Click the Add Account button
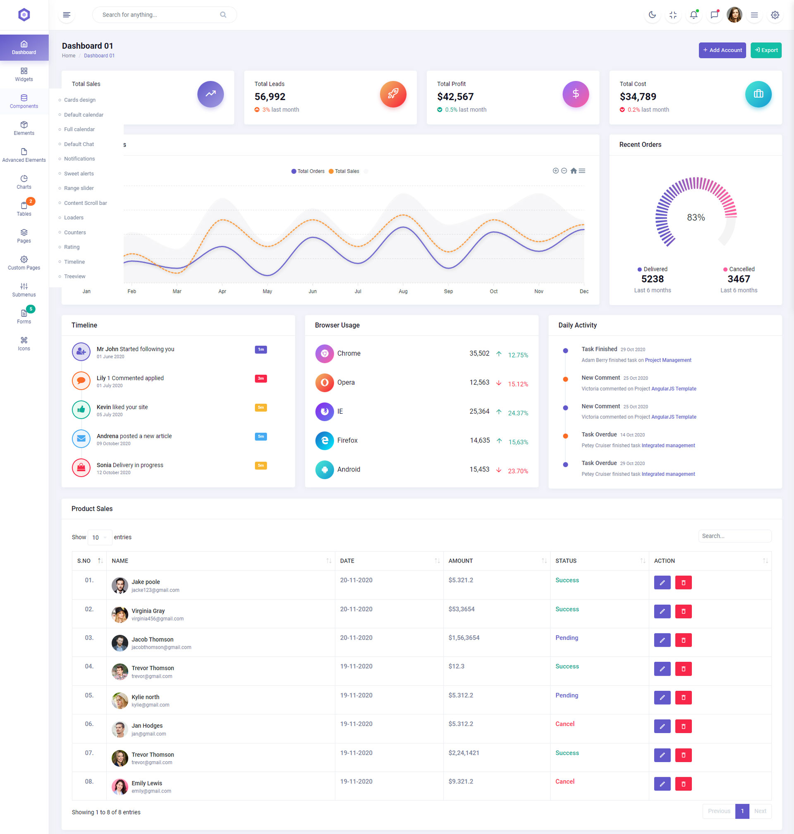(722, 50)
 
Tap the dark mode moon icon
(652, 15)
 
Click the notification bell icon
(693, 15)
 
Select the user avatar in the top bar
(734, 15)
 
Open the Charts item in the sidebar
(24, 182)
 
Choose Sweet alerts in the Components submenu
(79, 174)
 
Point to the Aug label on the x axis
(403, 291)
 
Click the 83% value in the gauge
(696, 217)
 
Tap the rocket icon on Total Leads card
(393, 94)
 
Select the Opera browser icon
(325, 382)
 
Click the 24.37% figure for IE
(518, 413)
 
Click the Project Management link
(668, 360)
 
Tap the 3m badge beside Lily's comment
(261, 378)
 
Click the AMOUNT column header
(461, 561)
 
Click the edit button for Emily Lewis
(662, 784)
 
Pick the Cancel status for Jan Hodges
(564, 724)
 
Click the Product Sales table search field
(734, 536)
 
